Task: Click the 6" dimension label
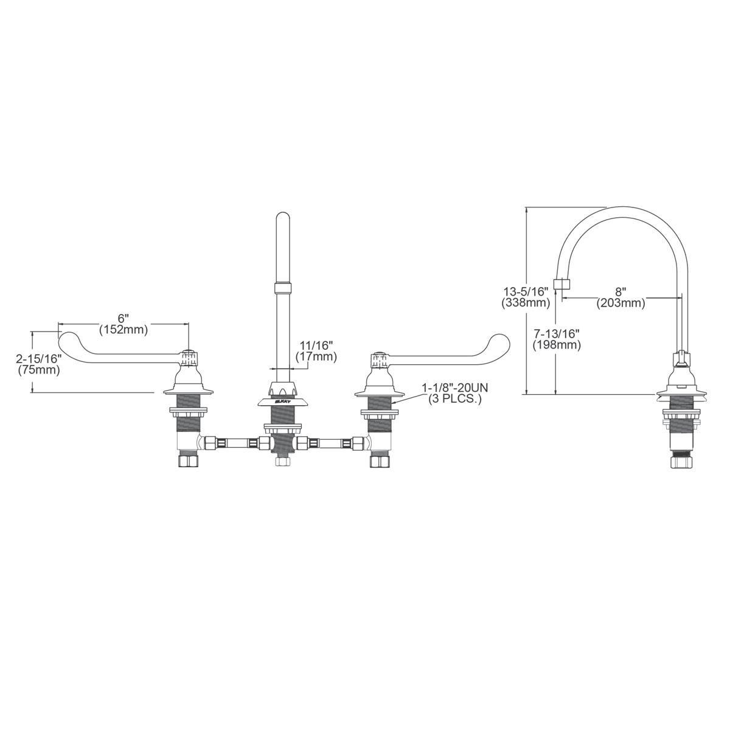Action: [123, 318]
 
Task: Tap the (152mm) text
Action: [123, 330]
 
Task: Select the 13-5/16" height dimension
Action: [526, 291]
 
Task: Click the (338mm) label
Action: [526, 302]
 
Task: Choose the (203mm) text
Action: [620, 302]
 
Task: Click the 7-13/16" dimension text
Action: [556, 333]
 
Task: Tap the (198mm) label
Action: [556, 345]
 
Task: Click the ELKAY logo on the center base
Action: [283, 401]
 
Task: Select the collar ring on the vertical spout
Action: [282, 288]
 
